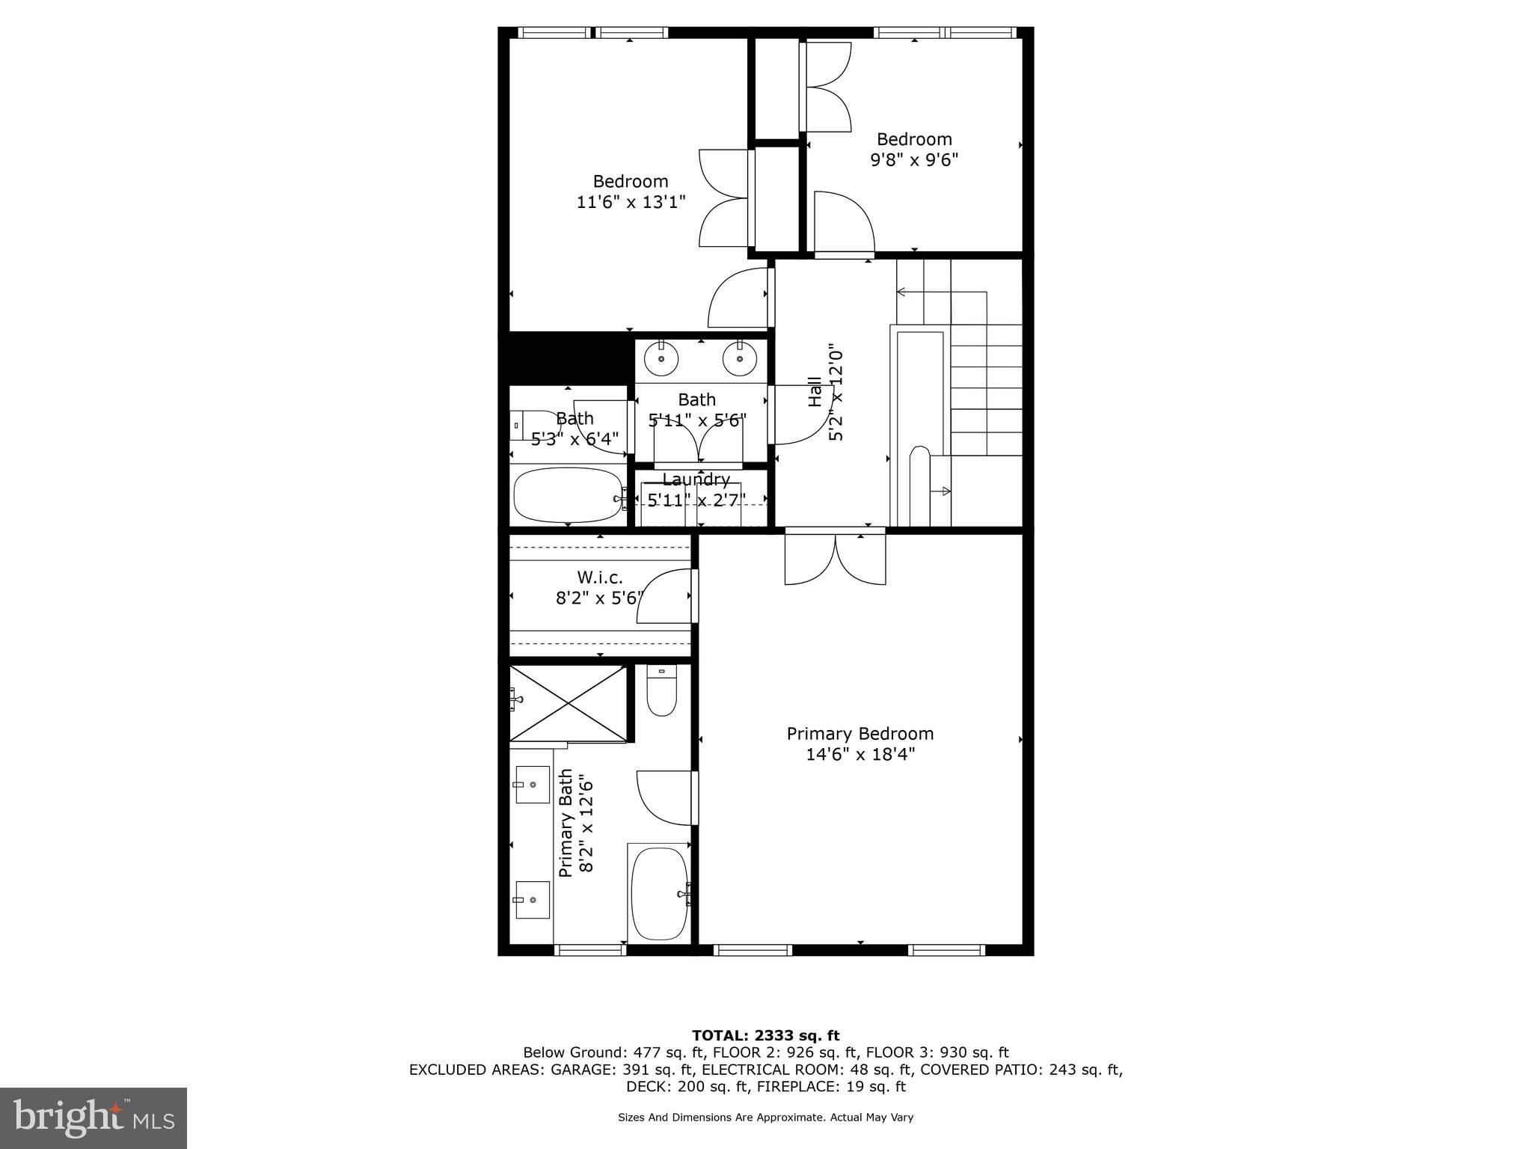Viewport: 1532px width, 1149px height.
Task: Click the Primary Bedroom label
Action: pos(860,734)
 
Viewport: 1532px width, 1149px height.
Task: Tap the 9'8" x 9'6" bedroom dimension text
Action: pos(913,160)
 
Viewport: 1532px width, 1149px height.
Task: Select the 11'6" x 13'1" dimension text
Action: pos(631,202)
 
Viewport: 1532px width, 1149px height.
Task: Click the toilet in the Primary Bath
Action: pos(661,692)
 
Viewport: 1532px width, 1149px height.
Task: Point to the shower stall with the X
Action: pos(569,703)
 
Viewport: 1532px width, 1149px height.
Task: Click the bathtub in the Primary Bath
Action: pos(659,893)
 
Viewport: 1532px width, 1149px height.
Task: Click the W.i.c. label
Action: pos(599,577)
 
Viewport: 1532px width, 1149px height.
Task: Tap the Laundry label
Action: pos(696,479)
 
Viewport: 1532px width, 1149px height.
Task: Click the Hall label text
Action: pos(815,393)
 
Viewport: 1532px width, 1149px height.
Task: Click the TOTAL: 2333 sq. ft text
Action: pos(765,1035)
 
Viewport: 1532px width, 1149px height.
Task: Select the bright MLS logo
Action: pos(94,1118)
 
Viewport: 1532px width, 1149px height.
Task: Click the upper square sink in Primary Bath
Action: pos(533,785)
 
